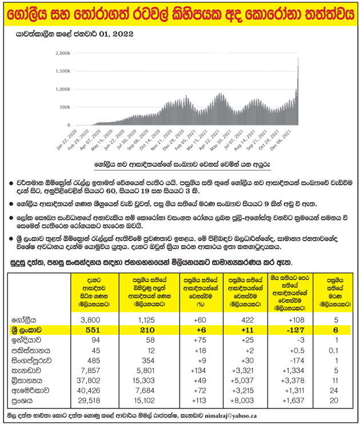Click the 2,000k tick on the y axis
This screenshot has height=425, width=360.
click(64, 53)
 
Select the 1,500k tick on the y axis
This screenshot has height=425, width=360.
click(64, 71)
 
